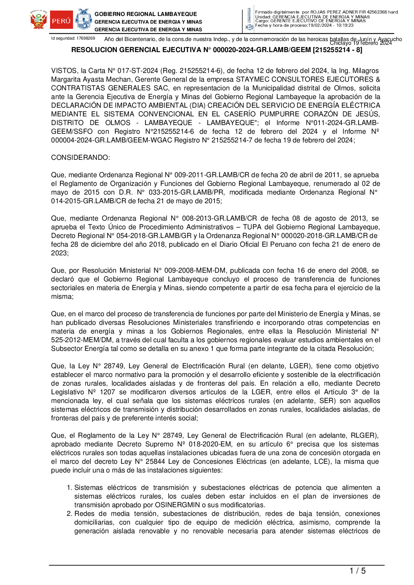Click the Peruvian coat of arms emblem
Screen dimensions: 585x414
(38, 20)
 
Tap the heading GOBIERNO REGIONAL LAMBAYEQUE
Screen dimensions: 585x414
(146, 14)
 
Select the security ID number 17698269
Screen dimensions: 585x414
(86, 38)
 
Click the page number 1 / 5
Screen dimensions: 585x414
(357, 571)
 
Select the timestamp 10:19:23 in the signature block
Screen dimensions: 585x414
(345, 25)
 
